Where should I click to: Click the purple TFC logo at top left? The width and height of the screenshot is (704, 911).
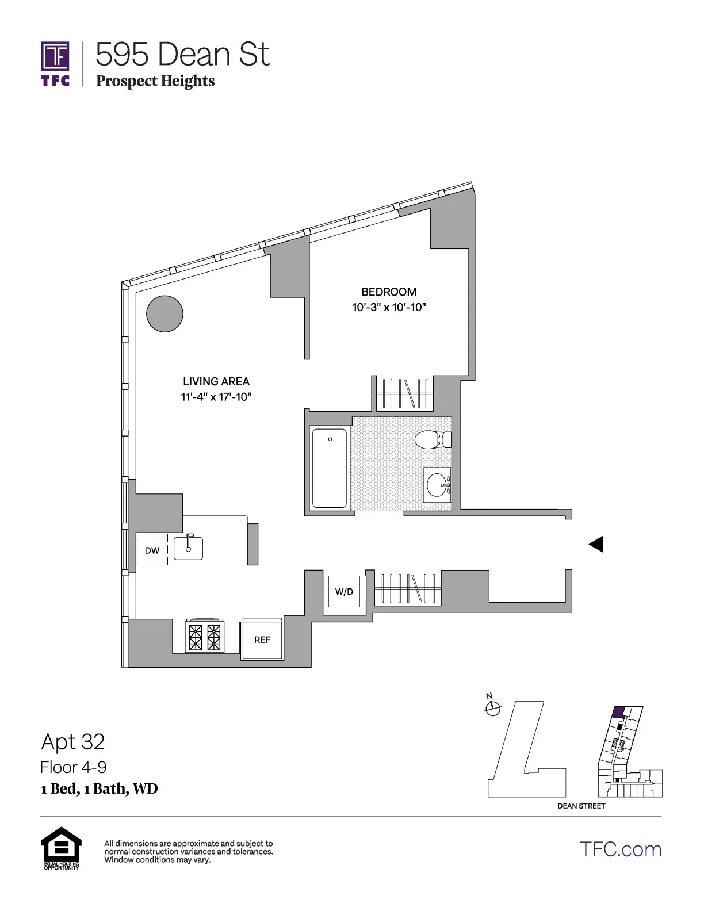pos(55,63)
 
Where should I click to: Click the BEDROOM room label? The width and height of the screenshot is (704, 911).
pos(389,292)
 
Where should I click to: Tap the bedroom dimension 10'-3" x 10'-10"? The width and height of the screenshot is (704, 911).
pos(389,307)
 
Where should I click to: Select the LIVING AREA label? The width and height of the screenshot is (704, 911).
pos(216,381)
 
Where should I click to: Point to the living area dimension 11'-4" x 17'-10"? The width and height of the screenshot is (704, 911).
pos(216,397)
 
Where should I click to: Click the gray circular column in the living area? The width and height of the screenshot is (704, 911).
pos(164,314)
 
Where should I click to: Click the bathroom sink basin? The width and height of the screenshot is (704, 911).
pos(438,485)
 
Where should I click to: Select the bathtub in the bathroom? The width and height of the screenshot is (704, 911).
pos(330,468)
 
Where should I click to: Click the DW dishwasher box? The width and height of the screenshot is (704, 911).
pos(152,550)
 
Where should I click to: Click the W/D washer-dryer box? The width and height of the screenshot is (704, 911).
pos(344,591)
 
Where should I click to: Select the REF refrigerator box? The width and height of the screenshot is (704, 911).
pos(262,640)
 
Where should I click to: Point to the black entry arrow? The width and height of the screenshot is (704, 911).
pos(596,544)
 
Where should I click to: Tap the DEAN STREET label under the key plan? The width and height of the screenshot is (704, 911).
pos(581,806)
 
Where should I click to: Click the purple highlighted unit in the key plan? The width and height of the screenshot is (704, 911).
pos(618,712)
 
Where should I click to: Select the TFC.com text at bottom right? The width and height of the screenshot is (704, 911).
pos(620,849)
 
